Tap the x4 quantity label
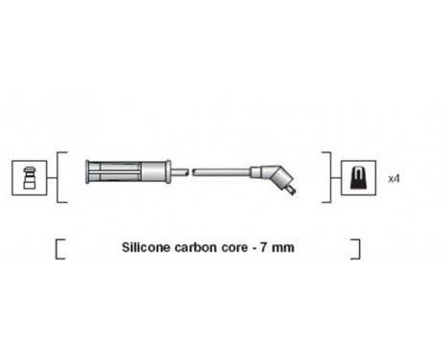tap(392, 178)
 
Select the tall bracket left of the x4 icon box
tap(328, 176)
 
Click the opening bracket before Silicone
tap(59, 250)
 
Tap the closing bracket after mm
tap(356, 250)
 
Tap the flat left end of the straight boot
tap(87, 172)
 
